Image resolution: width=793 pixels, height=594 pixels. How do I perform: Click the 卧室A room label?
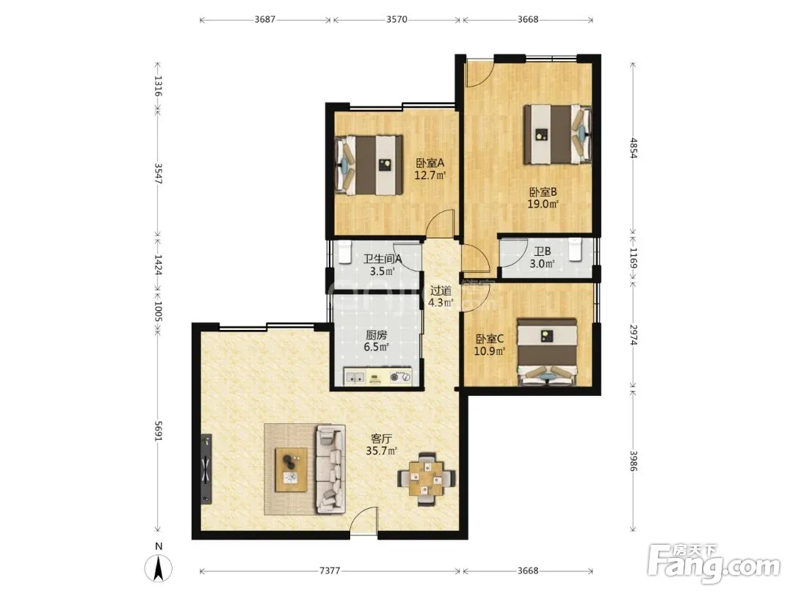(x=430, y=163)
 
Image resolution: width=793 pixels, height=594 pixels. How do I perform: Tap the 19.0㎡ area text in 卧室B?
(x=543, y=204)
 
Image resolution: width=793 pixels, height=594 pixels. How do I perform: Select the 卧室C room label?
(x=489, y=339)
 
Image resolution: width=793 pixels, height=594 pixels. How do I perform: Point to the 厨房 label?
(x=376, y=335)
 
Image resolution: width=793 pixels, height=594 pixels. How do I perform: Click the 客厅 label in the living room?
(x=381, y=439)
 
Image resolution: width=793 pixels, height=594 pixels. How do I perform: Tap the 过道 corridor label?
(x=441, y=291)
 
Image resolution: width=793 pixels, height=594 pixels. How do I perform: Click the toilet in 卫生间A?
(x=345, y=252)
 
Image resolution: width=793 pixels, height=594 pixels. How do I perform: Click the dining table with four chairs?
(x=427, y=478)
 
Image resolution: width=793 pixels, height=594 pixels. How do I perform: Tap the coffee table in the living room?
(x=291, y=470)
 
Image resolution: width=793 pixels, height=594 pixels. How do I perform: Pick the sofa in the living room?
(x=330, y=469)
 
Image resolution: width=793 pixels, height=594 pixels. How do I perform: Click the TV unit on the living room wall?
(x=206, y=469)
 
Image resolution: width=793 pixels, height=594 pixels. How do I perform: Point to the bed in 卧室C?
(x=548, y=351)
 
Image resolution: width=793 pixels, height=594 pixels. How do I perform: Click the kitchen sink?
(x=355, y=377)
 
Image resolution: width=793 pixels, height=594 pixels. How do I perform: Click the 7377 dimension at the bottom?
(x=330, y=571)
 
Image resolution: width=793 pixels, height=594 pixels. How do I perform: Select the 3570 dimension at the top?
(x=396, y=20)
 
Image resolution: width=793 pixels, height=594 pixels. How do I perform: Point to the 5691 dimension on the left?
(x=158, y=431)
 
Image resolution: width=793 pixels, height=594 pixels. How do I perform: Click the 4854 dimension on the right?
(x=633, y=148)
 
